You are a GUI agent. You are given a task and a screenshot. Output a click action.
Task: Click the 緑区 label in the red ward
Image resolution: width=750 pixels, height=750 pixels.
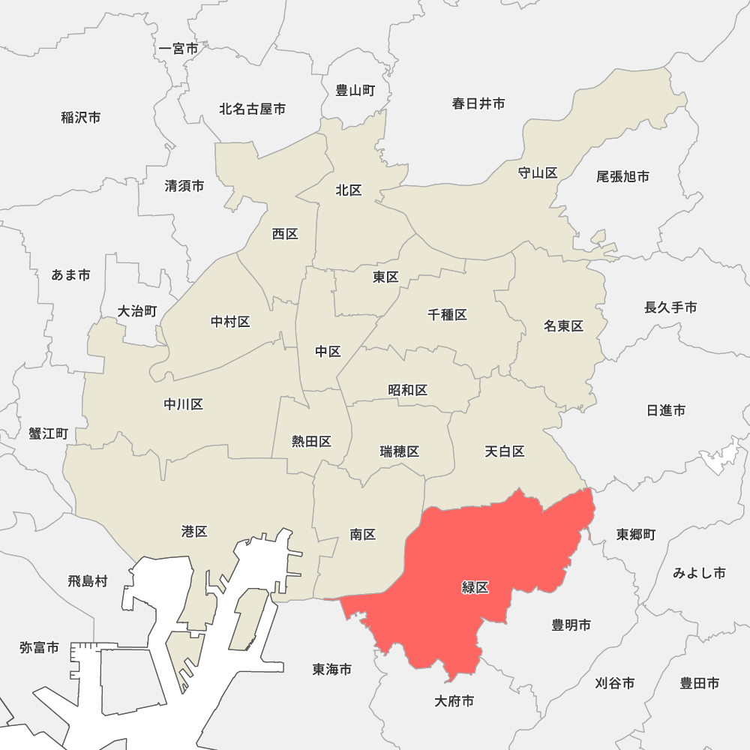click(475, 587)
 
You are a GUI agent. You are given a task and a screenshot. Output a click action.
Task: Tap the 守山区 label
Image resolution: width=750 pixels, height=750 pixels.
click(538, 173)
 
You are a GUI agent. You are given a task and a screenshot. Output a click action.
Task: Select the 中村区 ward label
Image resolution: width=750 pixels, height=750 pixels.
click(230, 322)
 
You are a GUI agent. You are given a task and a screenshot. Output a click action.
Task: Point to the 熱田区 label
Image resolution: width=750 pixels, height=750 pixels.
click(312, 441)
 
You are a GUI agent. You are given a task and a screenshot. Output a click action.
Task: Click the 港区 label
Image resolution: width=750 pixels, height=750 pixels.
click(194, 532)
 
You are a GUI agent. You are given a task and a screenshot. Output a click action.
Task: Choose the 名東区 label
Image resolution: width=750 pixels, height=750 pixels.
click(564, 325)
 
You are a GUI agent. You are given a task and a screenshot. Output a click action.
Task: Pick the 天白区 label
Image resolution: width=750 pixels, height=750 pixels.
click(504, 451)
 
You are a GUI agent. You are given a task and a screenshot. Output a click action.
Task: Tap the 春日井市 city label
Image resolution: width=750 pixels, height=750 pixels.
click(478, 103)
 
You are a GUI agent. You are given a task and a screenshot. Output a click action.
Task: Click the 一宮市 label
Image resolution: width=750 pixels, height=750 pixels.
click(178, 49)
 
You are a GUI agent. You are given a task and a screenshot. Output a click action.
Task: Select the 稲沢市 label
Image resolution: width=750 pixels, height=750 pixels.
click(81, 117)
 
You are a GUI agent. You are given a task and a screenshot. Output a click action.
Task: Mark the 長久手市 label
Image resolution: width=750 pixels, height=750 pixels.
click(670, 307)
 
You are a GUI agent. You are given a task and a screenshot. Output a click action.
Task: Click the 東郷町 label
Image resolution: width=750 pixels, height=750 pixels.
click(636, 534)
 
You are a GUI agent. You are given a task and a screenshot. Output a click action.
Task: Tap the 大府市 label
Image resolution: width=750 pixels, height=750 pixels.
click(454, 701)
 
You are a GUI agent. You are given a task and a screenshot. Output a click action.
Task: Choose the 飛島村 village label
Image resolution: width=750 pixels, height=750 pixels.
click(88, 580)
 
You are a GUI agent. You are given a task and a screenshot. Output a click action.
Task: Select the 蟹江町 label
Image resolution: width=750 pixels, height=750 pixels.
click(49, 433)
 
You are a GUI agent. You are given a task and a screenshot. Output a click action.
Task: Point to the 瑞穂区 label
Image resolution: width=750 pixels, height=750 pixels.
click(400, 451)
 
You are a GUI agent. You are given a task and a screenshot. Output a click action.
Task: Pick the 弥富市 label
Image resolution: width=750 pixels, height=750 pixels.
click(40, 647)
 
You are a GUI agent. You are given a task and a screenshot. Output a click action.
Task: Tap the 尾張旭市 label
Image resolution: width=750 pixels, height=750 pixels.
click(622, 176)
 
